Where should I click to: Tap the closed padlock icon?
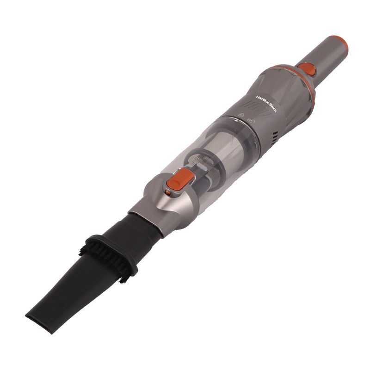(x=241, y=115)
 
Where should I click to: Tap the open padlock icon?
(x=251, y=121)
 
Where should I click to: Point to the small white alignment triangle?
(x=236, y=121)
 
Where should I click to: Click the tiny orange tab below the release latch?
(x=168, y=193)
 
